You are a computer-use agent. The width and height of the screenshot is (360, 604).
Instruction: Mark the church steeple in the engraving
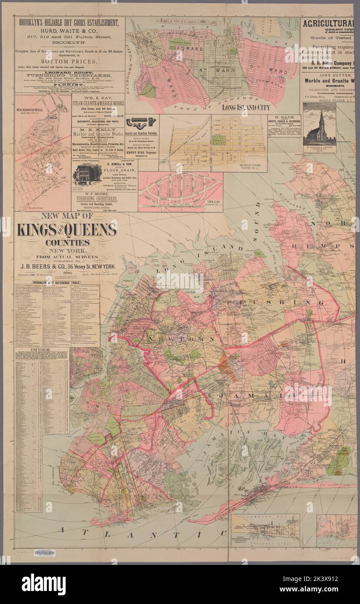coord(321,117)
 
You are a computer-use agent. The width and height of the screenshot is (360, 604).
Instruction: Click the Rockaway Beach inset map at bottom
coord(265,529)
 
